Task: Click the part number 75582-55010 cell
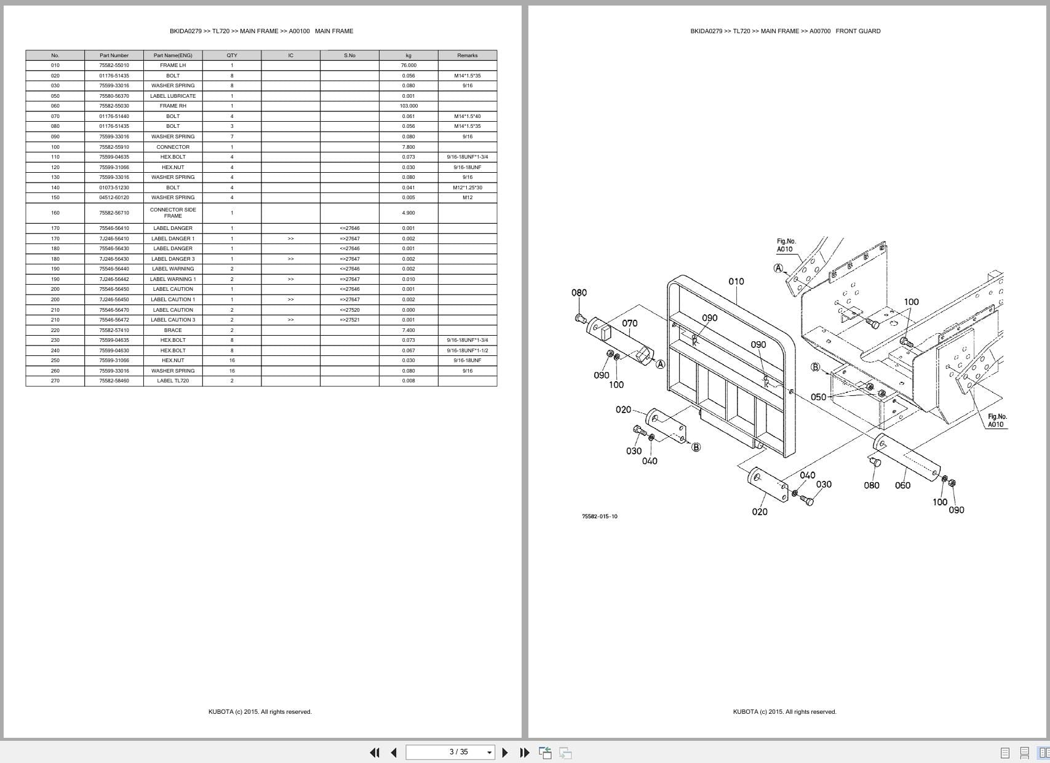[x=114, y=65]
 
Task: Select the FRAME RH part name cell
[x=173, y=106]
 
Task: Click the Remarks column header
[x=467, y=55]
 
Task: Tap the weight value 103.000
[x=408, y=106]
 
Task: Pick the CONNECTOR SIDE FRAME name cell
[x=173, y=213]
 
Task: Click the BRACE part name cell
[x=173, y=330]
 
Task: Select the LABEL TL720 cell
[x=173, y=381]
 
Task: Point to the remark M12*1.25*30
[x=467, y=188]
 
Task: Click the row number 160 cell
[x=55, y=213]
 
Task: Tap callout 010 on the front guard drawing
[x=736, y=282]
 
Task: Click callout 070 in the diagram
[x=629, y=323]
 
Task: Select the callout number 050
[x=818, y=397]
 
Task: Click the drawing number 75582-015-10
[x=599, y=516]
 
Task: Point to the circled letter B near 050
[x=815, y=367]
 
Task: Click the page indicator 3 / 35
[x=458, y=752]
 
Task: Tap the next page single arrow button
[x=505, y=753]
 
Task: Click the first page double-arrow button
[x=374, y=753]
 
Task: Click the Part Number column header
[x=114, y=55]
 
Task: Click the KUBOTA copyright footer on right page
[x=784, y=712]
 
